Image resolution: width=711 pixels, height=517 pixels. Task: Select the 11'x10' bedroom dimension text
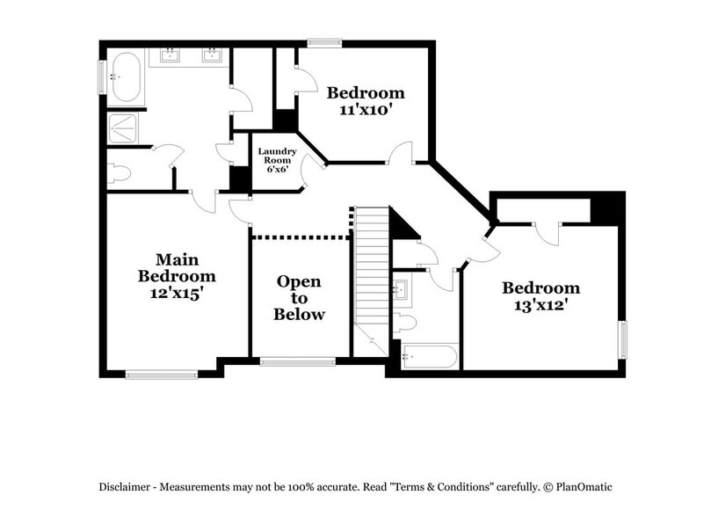(366, 111)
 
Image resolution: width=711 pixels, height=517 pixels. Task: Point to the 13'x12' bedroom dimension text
(541, 306)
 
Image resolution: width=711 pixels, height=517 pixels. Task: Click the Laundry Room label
(277, 156)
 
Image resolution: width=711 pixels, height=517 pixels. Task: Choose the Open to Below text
(299, 298)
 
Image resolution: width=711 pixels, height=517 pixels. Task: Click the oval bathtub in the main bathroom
(124, 76)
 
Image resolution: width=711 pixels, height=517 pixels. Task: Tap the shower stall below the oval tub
(123, 128)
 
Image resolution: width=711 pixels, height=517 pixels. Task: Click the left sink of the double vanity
(168, 57)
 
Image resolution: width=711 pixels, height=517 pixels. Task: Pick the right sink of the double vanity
(212, 57)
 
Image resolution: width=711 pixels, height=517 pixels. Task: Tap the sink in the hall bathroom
(402, 288)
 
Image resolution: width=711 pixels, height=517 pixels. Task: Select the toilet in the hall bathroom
(403, 323)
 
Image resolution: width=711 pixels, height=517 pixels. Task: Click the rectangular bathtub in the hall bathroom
(429, 357)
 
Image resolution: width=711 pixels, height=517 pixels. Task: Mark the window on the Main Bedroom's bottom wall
(162, 375)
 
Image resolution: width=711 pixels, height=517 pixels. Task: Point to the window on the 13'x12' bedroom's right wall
(622, 340)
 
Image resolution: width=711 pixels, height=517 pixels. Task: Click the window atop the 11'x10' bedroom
(324, 41)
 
